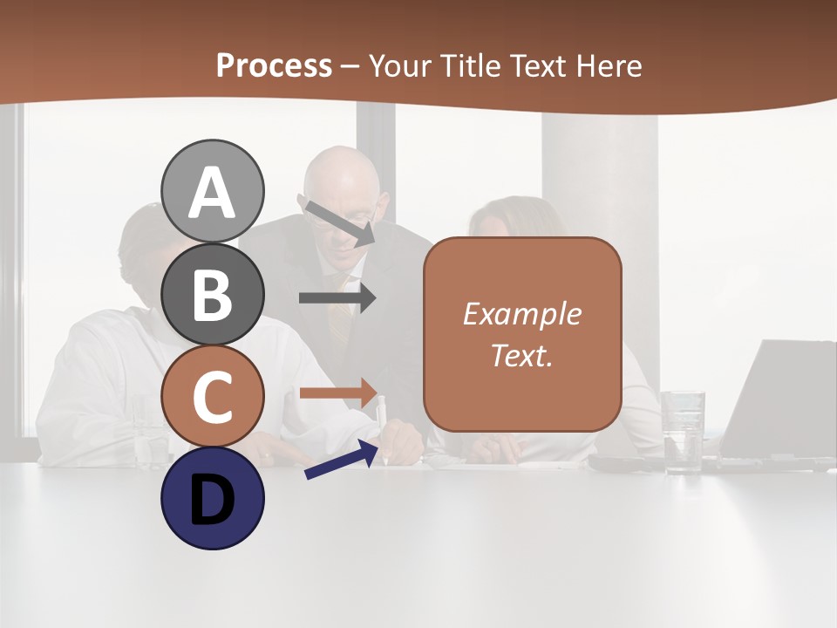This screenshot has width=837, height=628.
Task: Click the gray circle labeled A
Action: point(212,191)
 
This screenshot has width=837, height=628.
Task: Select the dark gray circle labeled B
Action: point(212,294)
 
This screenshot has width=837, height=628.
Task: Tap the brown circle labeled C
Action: point(212,397)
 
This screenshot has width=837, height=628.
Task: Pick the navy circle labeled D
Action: point(212,499)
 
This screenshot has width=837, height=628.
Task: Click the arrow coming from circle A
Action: point(339,222)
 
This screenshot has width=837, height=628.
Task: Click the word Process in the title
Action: point(274,66)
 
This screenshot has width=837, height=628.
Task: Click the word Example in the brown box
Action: point(521,314)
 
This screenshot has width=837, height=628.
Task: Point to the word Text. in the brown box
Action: point(521,356)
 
